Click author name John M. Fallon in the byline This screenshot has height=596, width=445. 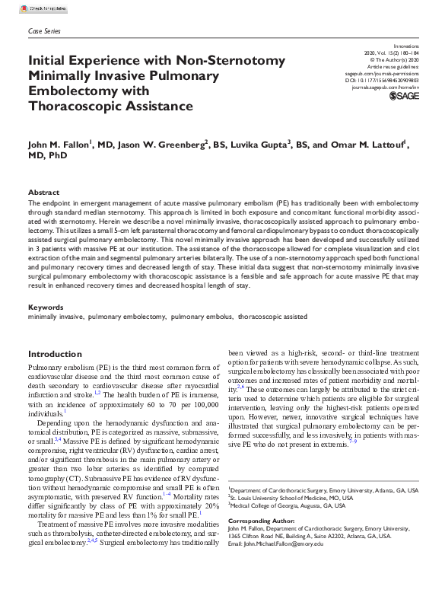click(x=59, y=145)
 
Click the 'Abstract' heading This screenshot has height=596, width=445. click(x=43, y=193)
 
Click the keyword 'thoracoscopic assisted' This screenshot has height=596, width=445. click(x=272, y=315)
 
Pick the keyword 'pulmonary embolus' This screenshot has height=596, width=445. click(x=201, y=315)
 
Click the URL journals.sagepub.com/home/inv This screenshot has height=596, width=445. click(x=384, y=88)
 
